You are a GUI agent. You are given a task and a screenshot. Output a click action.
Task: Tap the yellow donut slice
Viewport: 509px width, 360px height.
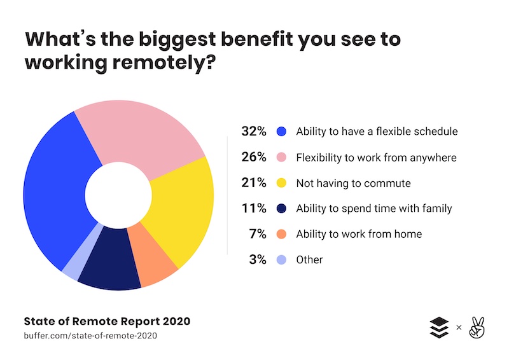coord(181,210)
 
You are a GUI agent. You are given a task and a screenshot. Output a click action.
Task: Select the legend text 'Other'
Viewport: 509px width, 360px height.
coord(310,260)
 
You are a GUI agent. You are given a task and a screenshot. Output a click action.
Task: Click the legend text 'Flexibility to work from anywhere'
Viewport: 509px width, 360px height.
coord(377,157)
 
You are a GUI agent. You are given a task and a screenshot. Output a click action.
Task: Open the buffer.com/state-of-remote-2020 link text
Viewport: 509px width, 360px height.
coord(90,335)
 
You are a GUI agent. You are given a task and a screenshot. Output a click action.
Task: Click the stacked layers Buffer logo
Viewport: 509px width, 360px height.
coord(439,327)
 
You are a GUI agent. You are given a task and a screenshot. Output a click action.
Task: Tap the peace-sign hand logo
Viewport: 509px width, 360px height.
coord(475,327)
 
